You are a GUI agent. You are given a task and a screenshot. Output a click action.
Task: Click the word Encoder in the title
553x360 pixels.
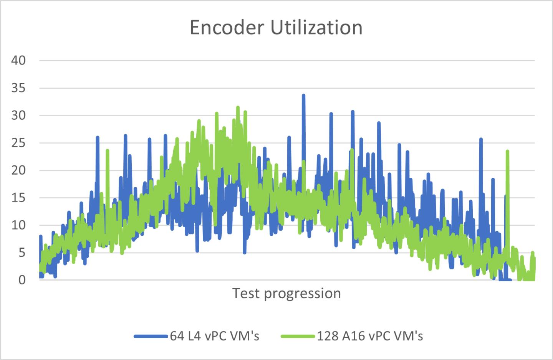[x=227, y=28]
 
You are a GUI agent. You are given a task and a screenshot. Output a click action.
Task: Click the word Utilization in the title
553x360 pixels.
[x=316, y=28]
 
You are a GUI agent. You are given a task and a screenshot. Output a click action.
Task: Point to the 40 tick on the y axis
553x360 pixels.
[x=18, y=60]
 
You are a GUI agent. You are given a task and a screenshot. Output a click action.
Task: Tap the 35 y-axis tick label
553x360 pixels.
[x=18, y=88]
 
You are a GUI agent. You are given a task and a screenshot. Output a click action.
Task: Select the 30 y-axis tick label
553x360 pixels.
[x=18, y=115]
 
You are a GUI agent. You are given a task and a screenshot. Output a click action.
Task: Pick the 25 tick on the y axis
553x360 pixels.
[x=18, y=143]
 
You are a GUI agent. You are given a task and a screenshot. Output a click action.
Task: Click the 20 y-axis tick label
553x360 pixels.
[x=18, y=170]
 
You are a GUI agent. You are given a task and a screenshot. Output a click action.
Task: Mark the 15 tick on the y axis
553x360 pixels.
[x=18, y=198]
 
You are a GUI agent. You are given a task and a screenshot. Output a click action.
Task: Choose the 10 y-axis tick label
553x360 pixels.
[x=18, y=225]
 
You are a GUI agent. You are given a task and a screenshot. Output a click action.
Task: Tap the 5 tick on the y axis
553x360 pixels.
[x=22, y=253]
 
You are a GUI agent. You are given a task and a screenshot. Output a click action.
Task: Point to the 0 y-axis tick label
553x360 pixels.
[x=22, y=280]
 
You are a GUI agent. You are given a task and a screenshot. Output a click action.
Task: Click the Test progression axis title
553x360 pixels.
[x=286, y=293]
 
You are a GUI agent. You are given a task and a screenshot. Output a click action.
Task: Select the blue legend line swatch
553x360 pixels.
[x=151, y=336]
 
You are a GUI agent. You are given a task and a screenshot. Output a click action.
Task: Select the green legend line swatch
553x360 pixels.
[x=298, y=336]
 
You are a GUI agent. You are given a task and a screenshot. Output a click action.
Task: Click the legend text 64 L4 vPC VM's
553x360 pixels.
[x=215, y=336]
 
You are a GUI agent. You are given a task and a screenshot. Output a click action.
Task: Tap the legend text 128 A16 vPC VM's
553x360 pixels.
[x=370, y=336]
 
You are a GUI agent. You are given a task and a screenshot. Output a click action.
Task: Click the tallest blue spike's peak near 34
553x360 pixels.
[x=303, y=95]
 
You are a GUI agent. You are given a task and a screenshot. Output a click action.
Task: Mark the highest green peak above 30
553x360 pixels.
[x=238, y=107]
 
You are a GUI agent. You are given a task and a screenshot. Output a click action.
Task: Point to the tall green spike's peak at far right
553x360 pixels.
[x=507, y=151]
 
